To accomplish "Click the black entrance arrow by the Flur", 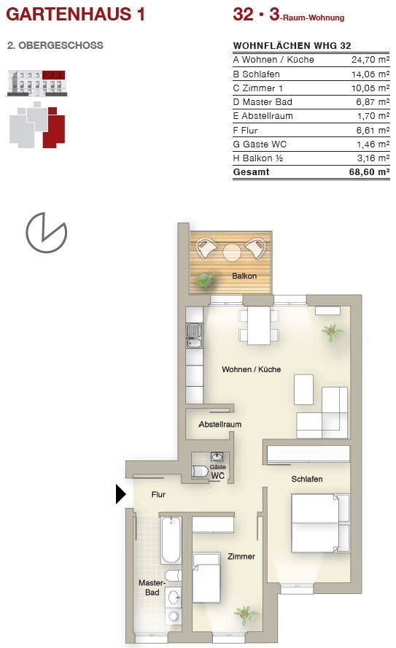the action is (x=120, y=494).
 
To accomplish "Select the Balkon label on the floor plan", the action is (x=244, y=276).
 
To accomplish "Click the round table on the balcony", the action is (x=232, y=252).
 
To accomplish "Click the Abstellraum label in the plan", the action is (x=220, y=424).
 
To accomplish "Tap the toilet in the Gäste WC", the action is (x=201, y=471).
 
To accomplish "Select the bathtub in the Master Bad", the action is (x=171, y=540).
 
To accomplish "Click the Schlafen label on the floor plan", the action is (x=307, y=479).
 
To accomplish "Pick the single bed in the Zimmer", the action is (x=206, y=578).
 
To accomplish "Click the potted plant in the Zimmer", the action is (x=245, y=615).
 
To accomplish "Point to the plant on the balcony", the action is (x=205, y=280).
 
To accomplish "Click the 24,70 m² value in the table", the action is (x=370, y=60).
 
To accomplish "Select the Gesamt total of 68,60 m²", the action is (x=369, y=172).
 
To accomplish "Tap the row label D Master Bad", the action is (x=263, y=102).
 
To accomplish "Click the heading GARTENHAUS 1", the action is (x=76, y=14).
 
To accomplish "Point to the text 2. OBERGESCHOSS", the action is (x=55, y=45).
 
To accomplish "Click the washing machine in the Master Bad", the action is (x=174, y=616).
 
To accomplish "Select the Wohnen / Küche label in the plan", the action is (x=251, y=369).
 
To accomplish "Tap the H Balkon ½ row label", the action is (x=258, y=158).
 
